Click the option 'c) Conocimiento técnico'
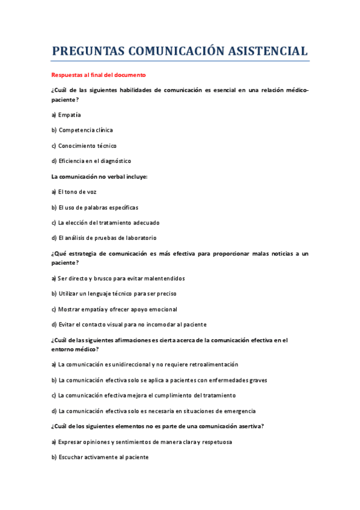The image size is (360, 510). click(84, 146)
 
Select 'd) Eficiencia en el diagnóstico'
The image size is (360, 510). click(91, 161)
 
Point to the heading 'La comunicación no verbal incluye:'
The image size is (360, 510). click(99, 177)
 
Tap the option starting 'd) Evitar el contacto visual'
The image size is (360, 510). click(129, 325)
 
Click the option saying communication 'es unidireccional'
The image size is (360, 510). click(144, 364)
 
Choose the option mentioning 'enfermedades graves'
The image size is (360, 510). click(159, 380)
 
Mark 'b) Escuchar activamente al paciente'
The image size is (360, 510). click(99, 457)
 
